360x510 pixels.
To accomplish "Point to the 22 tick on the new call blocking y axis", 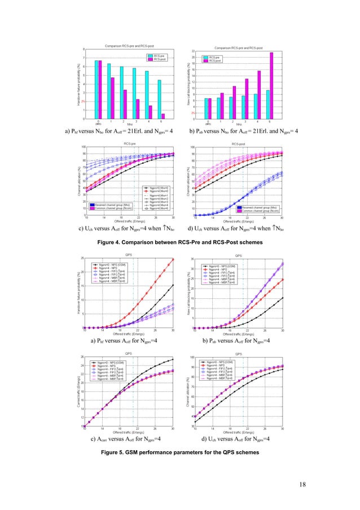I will point(194,51).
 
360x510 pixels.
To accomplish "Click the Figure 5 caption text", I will point(180,453).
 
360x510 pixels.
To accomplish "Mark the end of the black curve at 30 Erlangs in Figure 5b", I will point(283,298).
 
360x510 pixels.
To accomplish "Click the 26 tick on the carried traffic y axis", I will point(82,357).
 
